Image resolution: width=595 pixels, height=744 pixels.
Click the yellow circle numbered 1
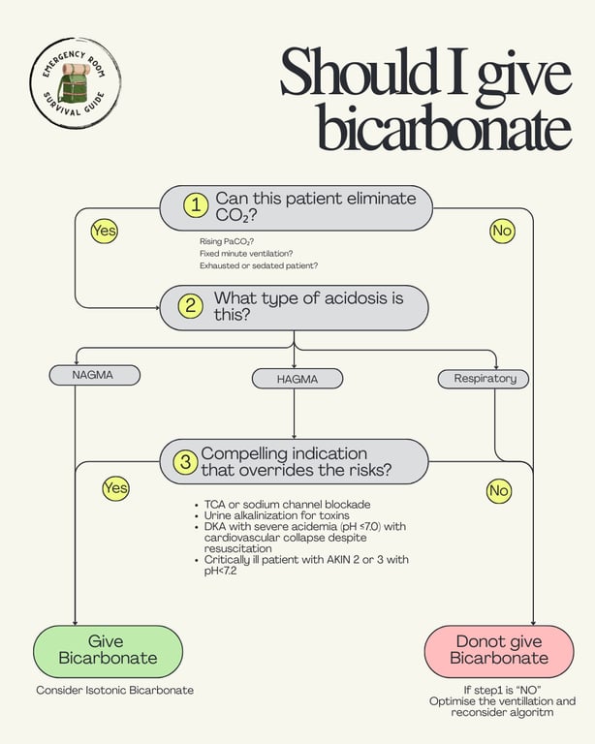click(x=197, y=205)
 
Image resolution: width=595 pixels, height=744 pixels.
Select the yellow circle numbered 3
click(x=185, y=462)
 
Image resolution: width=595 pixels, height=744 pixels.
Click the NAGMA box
click(x=93, y=374)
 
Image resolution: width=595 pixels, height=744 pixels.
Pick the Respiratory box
click(x=485, y=378)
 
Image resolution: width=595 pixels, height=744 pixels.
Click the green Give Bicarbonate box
click(x=108, y=650)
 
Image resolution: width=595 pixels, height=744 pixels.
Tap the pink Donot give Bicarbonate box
click(x=498, y=650)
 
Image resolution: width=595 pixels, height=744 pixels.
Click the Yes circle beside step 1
click(x=104, y=231)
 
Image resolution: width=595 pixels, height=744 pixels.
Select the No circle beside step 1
click(x=501, y=231)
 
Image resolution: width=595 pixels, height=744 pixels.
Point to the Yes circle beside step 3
click(x=115, y=488)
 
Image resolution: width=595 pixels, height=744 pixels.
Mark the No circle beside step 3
click(x=498, y=491)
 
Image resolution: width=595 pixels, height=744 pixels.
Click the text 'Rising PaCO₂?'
click(x=221, y=240)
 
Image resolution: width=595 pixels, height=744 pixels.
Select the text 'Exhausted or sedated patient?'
click(x=259, y=265)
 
